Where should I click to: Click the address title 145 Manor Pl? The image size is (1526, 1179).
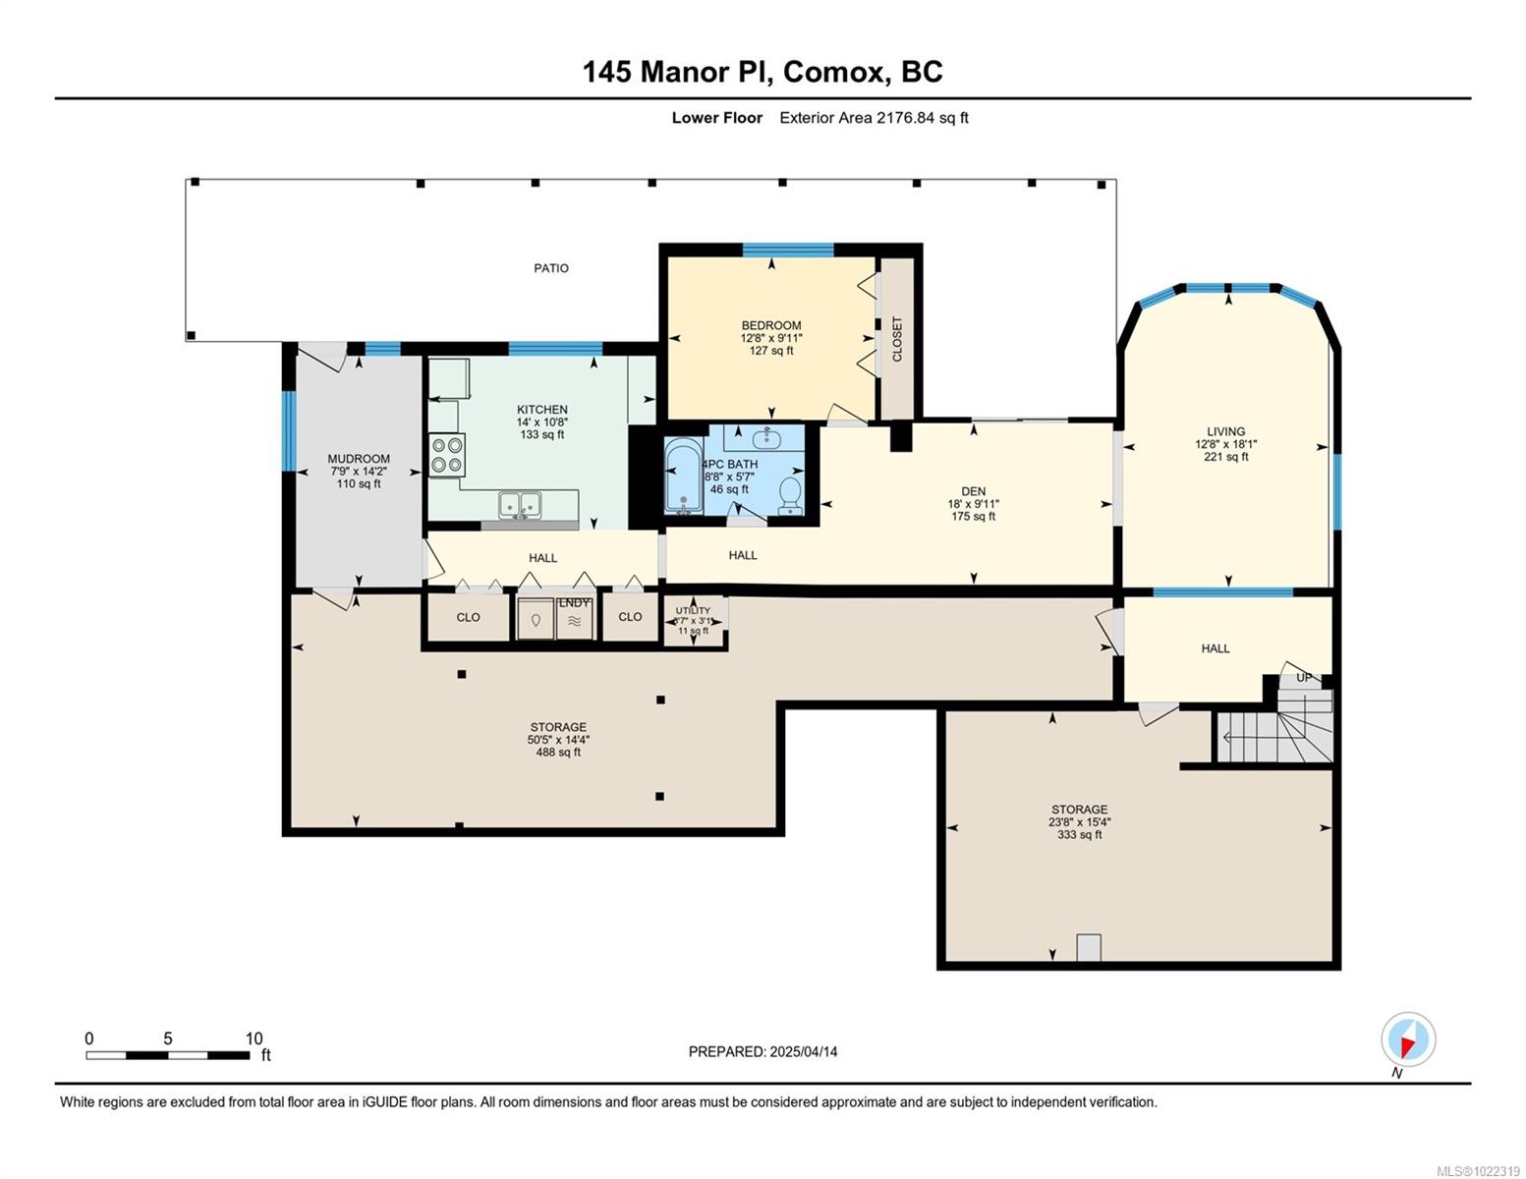click(763, 72)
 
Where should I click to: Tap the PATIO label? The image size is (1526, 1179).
click(551, 268)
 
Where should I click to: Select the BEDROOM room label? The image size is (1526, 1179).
click(771, 325)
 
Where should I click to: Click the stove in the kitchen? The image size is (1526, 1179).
click(447, 455)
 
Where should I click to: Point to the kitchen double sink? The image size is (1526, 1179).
click(520, 504)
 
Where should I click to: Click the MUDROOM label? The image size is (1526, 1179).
click(359, 459)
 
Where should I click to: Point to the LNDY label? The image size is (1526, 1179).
click(575, 602)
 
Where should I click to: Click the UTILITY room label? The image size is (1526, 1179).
click(693, 610)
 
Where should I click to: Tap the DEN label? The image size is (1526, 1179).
click(974, 491)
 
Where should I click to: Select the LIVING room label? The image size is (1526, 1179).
click(1226, 431)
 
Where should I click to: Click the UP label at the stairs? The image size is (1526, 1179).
click(1304, 677)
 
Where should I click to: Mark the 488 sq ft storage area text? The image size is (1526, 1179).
click(558, 753)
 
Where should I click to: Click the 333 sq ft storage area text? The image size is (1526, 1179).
click(1079, 835)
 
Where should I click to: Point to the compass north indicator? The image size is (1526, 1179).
click(1408, 1040)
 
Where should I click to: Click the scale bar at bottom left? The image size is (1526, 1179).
click(167, 1055)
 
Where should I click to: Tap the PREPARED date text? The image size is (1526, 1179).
click(763, 1051)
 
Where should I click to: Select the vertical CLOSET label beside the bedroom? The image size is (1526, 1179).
click(896, 339)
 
